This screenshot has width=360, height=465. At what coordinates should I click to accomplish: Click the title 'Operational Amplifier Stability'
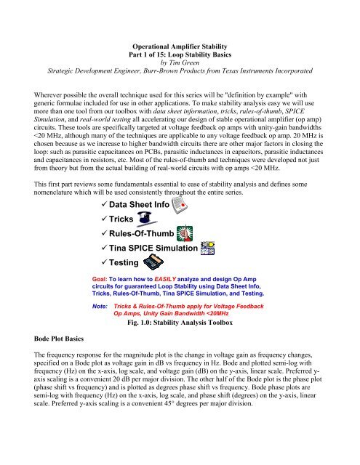(x=179, y=43)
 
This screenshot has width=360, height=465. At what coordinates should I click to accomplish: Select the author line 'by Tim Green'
(x=180, y=62)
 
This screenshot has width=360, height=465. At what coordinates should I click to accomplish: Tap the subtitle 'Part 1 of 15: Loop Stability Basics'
(x=180, y=52)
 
